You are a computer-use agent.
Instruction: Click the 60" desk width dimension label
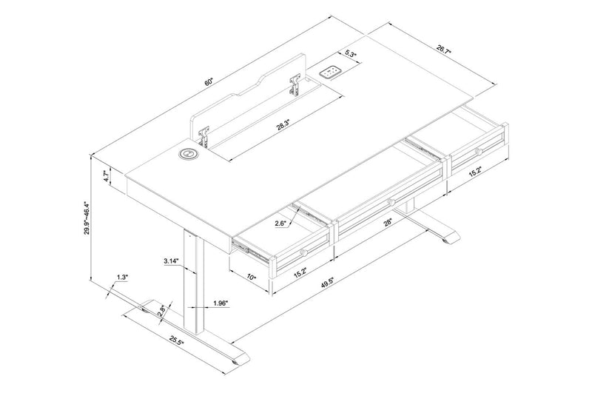pos(209,80)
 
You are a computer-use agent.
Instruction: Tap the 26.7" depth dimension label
pos(443,50)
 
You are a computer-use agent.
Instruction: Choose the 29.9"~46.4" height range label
pos(87,219)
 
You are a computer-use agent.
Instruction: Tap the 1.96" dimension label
pos(219,302)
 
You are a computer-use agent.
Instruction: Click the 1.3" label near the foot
pos(122,278)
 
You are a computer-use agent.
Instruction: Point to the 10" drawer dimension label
pos(252,277)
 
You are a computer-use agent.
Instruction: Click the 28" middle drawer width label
pos(387,222)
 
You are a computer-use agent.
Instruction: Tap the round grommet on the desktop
pos(188,155)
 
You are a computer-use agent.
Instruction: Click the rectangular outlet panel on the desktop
pos(329,73)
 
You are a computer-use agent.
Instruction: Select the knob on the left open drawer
pos(303,254)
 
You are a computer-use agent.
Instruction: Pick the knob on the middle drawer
pos(389,201)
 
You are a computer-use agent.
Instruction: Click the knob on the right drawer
pos(478,151)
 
